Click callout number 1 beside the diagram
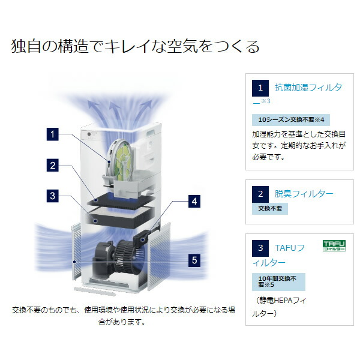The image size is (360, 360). (x=53, y=134)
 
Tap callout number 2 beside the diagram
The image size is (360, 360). (x=53, y=166)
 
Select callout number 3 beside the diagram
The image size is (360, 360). (x=53, y=196)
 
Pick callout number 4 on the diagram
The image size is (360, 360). (x=194, y=202)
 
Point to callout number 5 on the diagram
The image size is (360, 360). (x=194, y=260)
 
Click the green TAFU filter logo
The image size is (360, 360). (x=334, y=245)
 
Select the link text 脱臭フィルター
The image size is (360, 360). (x=304, y=194)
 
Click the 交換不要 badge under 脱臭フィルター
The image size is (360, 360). (x=270, y=209)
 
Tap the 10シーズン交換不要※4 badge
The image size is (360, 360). (x=291, y=120)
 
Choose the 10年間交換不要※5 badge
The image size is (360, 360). (x=278, y=282)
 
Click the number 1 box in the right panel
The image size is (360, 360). (x=260, y=88)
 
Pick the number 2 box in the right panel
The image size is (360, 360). (x=260, y=194)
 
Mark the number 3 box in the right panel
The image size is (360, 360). (x=260, y=248)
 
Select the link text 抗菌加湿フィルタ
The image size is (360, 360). (x=308, y=88)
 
